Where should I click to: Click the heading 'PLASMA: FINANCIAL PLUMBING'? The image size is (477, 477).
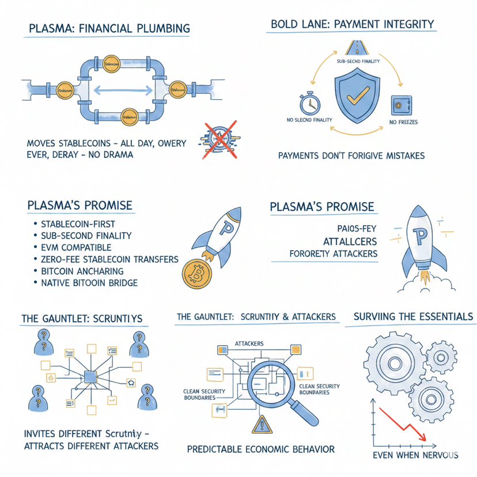(x=108, y=28)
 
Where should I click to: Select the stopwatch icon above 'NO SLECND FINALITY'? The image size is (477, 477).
(x=309, y=103)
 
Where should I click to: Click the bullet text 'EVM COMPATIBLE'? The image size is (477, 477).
(x=76, y=247)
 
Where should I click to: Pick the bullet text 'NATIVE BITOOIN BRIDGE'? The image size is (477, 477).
(x=89, y=283)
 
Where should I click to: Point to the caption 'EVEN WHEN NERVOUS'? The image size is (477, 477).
(x=415, y=455)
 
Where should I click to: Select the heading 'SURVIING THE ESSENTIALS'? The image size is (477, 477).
(x=412, y=316)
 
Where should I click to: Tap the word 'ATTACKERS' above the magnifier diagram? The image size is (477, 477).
(x=249, y=343)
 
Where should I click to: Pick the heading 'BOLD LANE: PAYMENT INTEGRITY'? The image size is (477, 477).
(x=353, y=24)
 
